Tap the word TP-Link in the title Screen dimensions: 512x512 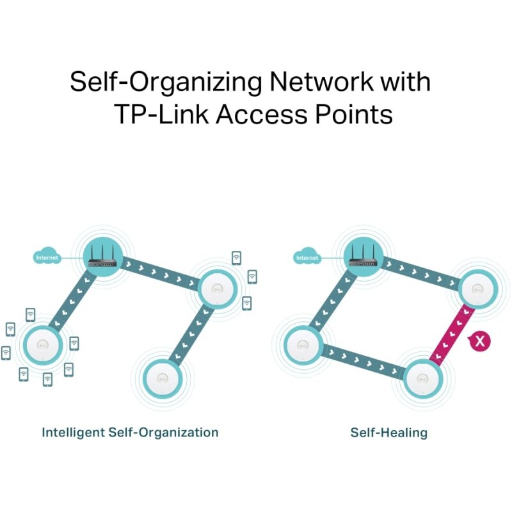(162, 115)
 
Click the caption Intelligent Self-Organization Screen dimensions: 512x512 (130, 433)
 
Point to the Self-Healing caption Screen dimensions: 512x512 (388, 433)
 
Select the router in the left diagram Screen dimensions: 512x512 (102, 257)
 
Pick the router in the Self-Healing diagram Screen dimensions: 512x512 (363, 257)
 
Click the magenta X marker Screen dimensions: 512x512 (479, 341)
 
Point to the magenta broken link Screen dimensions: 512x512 (452, 333)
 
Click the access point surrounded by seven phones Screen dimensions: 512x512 (42, 345)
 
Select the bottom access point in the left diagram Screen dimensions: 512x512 (161, 379)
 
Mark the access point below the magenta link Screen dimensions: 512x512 (422, 379)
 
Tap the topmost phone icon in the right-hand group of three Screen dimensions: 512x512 (236, 258)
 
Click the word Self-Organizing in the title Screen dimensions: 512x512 (166, 82)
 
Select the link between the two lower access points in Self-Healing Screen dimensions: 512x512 (362, 362)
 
